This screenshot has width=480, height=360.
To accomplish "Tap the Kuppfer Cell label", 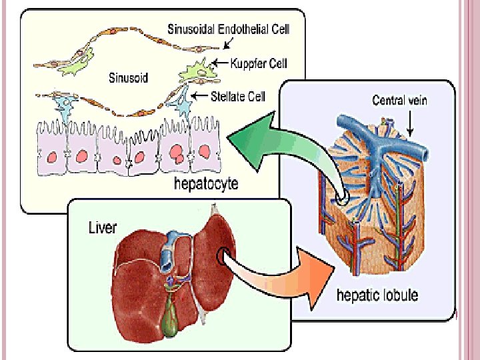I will coord(259,64).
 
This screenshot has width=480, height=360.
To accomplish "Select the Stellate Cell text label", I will coord(238,97).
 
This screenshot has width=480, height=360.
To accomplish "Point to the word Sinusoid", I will coord(129,77).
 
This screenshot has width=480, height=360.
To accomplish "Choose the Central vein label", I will coord(399,101).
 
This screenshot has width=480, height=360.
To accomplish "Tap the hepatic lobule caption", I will coord(377,295).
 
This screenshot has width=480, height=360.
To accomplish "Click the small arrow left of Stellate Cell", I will coord(197,96).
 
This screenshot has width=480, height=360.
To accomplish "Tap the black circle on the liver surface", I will coord(223,255).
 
